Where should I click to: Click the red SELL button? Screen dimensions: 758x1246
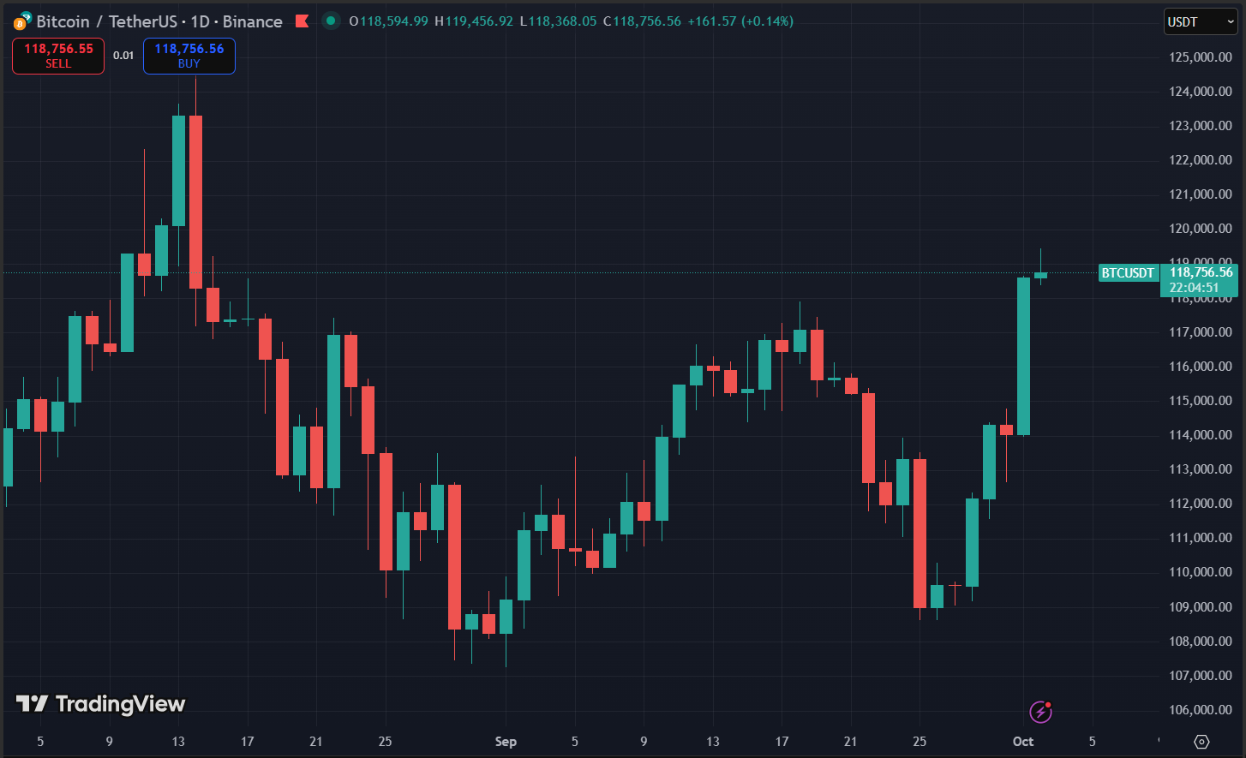(x=58, y=56)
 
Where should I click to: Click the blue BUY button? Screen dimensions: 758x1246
(x=189, y=56)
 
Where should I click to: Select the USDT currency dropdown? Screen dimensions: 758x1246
(x=1199, y=22)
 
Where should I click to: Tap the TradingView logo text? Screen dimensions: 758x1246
(x=101, y=704)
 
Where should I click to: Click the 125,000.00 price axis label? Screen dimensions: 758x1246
(x=1200, y=57)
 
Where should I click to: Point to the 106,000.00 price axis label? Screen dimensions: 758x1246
(x=1200, y=709)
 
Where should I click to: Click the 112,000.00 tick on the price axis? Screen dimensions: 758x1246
(x=1200, y=504)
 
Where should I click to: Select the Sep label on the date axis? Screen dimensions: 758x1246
(x=506, y=742)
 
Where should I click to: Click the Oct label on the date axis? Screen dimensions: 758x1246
(x=1023, y=742)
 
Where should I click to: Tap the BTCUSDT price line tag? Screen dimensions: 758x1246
(x=1128, y=273)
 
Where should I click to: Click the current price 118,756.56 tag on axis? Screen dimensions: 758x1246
(x=1200, y=273)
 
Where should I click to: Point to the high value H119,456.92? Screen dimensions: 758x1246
(x=474, y=21)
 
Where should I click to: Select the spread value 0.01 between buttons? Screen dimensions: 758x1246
(x=123, y=56)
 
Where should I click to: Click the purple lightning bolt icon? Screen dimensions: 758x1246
(x=1040, y=711)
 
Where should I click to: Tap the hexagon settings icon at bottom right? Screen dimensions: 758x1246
(x=1201, y=742)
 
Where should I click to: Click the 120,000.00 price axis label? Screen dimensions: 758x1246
(x=1200, y=229)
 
